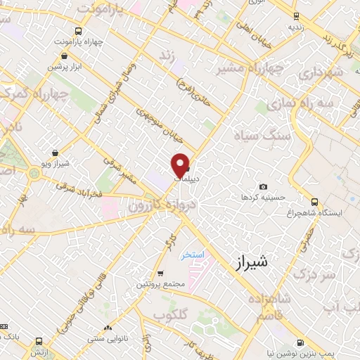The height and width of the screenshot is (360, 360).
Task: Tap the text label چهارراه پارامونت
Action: (x=82, y=41)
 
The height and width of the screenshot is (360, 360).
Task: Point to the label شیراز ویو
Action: (x=56, y=163)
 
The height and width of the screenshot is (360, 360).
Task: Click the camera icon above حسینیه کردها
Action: (x=262, y=186)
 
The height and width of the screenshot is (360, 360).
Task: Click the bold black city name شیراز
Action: (x=249, y=263)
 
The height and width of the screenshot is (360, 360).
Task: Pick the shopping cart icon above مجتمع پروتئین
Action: (x=160, y=273)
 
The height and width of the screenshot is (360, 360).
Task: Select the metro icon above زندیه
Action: (x=296, y=16)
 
